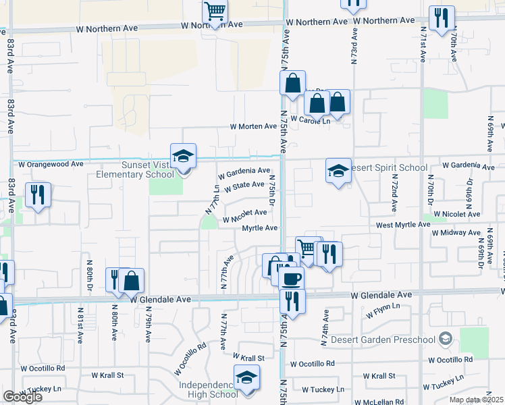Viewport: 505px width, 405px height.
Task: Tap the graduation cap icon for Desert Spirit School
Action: pyautogui.click(x=338, y=171)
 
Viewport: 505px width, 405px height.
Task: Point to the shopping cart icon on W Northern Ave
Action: pyautogui.click(x=215, y=11)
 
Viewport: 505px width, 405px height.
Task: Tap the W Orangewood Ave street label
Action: pyautogui.click(x=51, y=164)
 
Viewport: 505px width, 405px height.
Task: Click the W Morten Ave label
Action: pyautogui.click(x=253, y=126)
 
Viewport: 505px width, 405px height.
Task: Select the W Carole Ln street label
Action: pyautogui.click(x=312, y=121)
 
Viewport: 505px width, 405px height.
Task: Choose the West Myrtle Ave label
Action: pyautogui.click(x=403, y=224)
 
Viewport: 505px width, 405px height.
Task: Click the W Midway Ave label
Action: pyautogui.click(x=456, y=233)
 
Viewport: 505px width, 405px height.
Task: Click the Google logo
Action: pyautogui.click(x=22, y=397)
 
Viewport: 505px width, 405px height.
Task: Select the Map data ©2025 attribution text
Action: pyautogui.click(x=476, y=400)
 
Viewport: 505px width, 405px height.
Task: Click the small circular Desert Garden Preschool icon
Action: pyautogui.click(x=445, y=338)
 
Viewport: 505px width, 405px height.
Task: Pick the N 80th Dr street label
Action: pyautogui.click(x=89, y=277)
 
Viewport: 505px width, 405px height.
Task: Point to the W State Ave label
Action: pyautogui.click(x=244, y=185)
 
